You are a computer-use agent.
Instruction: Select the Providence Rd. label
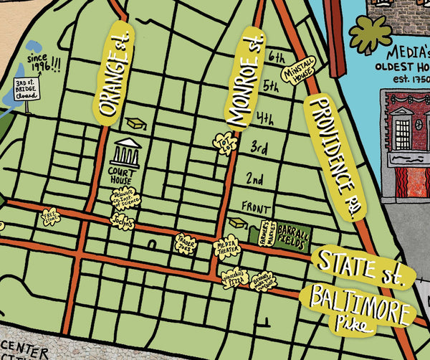334,158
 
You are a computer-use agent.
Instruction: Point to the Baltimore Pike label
361,305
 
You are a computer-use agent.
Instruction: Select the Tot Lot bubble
225,142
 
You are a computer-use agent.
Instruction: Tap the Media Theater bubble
229,247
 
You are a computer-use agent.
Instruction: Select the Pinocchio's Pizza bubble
234,278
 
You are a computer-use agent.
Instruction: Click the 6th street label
275,55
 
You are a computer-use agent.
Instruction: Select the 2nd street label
254,177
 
